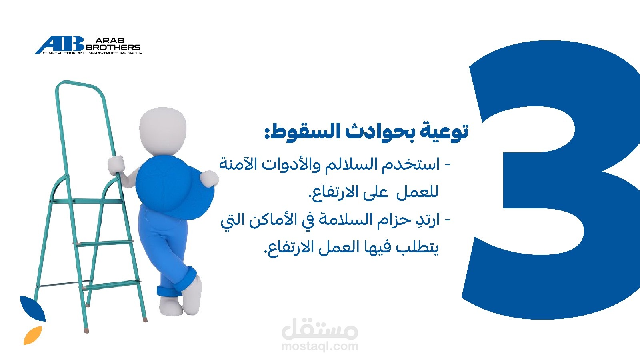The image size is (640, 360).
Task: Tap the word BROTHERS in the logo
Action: point(113,47)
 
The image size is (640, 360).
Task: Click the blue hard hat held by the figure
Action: point(174,187)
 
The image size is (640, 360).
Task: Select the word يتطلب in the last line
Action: point(417,248)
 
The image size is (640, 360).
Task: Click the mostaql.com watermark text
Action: point(320,346)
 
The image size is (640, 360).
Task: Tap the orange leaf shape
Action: point(32,335)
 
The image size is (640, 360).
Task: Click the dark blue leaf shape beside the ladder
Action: point(32,308)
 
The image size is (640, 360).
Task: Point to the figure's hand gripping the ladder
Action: point(116,165)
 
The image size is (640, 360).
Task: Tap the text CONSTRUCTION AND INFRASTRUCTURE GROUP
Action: point(92,53)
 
